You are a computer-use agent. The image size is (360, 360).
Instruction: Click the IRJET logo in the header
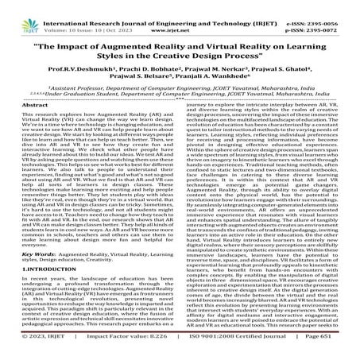(x=24, y=13)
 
